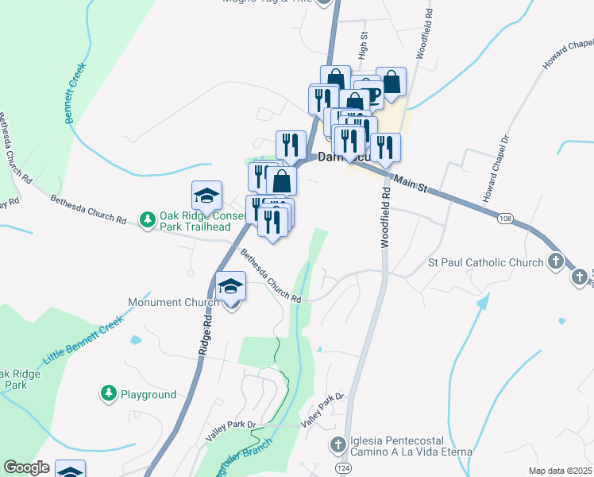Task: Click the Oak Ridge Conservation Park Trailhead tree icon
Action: pos(147,219)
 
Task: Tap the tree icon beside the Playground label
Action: pos(108,393)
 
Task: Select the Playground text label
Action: pos(148,394)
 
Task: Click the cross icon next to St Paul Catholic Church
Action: pos(555,262)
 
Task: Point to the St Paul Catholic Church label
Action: pos(485,262)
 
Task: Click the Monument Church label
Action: pos(173,303)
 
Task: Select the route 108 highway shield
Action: pos(506,218)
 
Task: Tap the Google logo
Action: pos(26,467)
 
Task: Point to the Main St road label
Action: pos(411,184)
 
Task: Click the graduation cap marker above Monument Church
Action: pos(231,286)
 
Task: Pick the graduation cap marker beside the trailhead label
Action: pos(206,196)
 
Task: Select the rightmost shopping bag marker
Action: pos(391,81)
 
